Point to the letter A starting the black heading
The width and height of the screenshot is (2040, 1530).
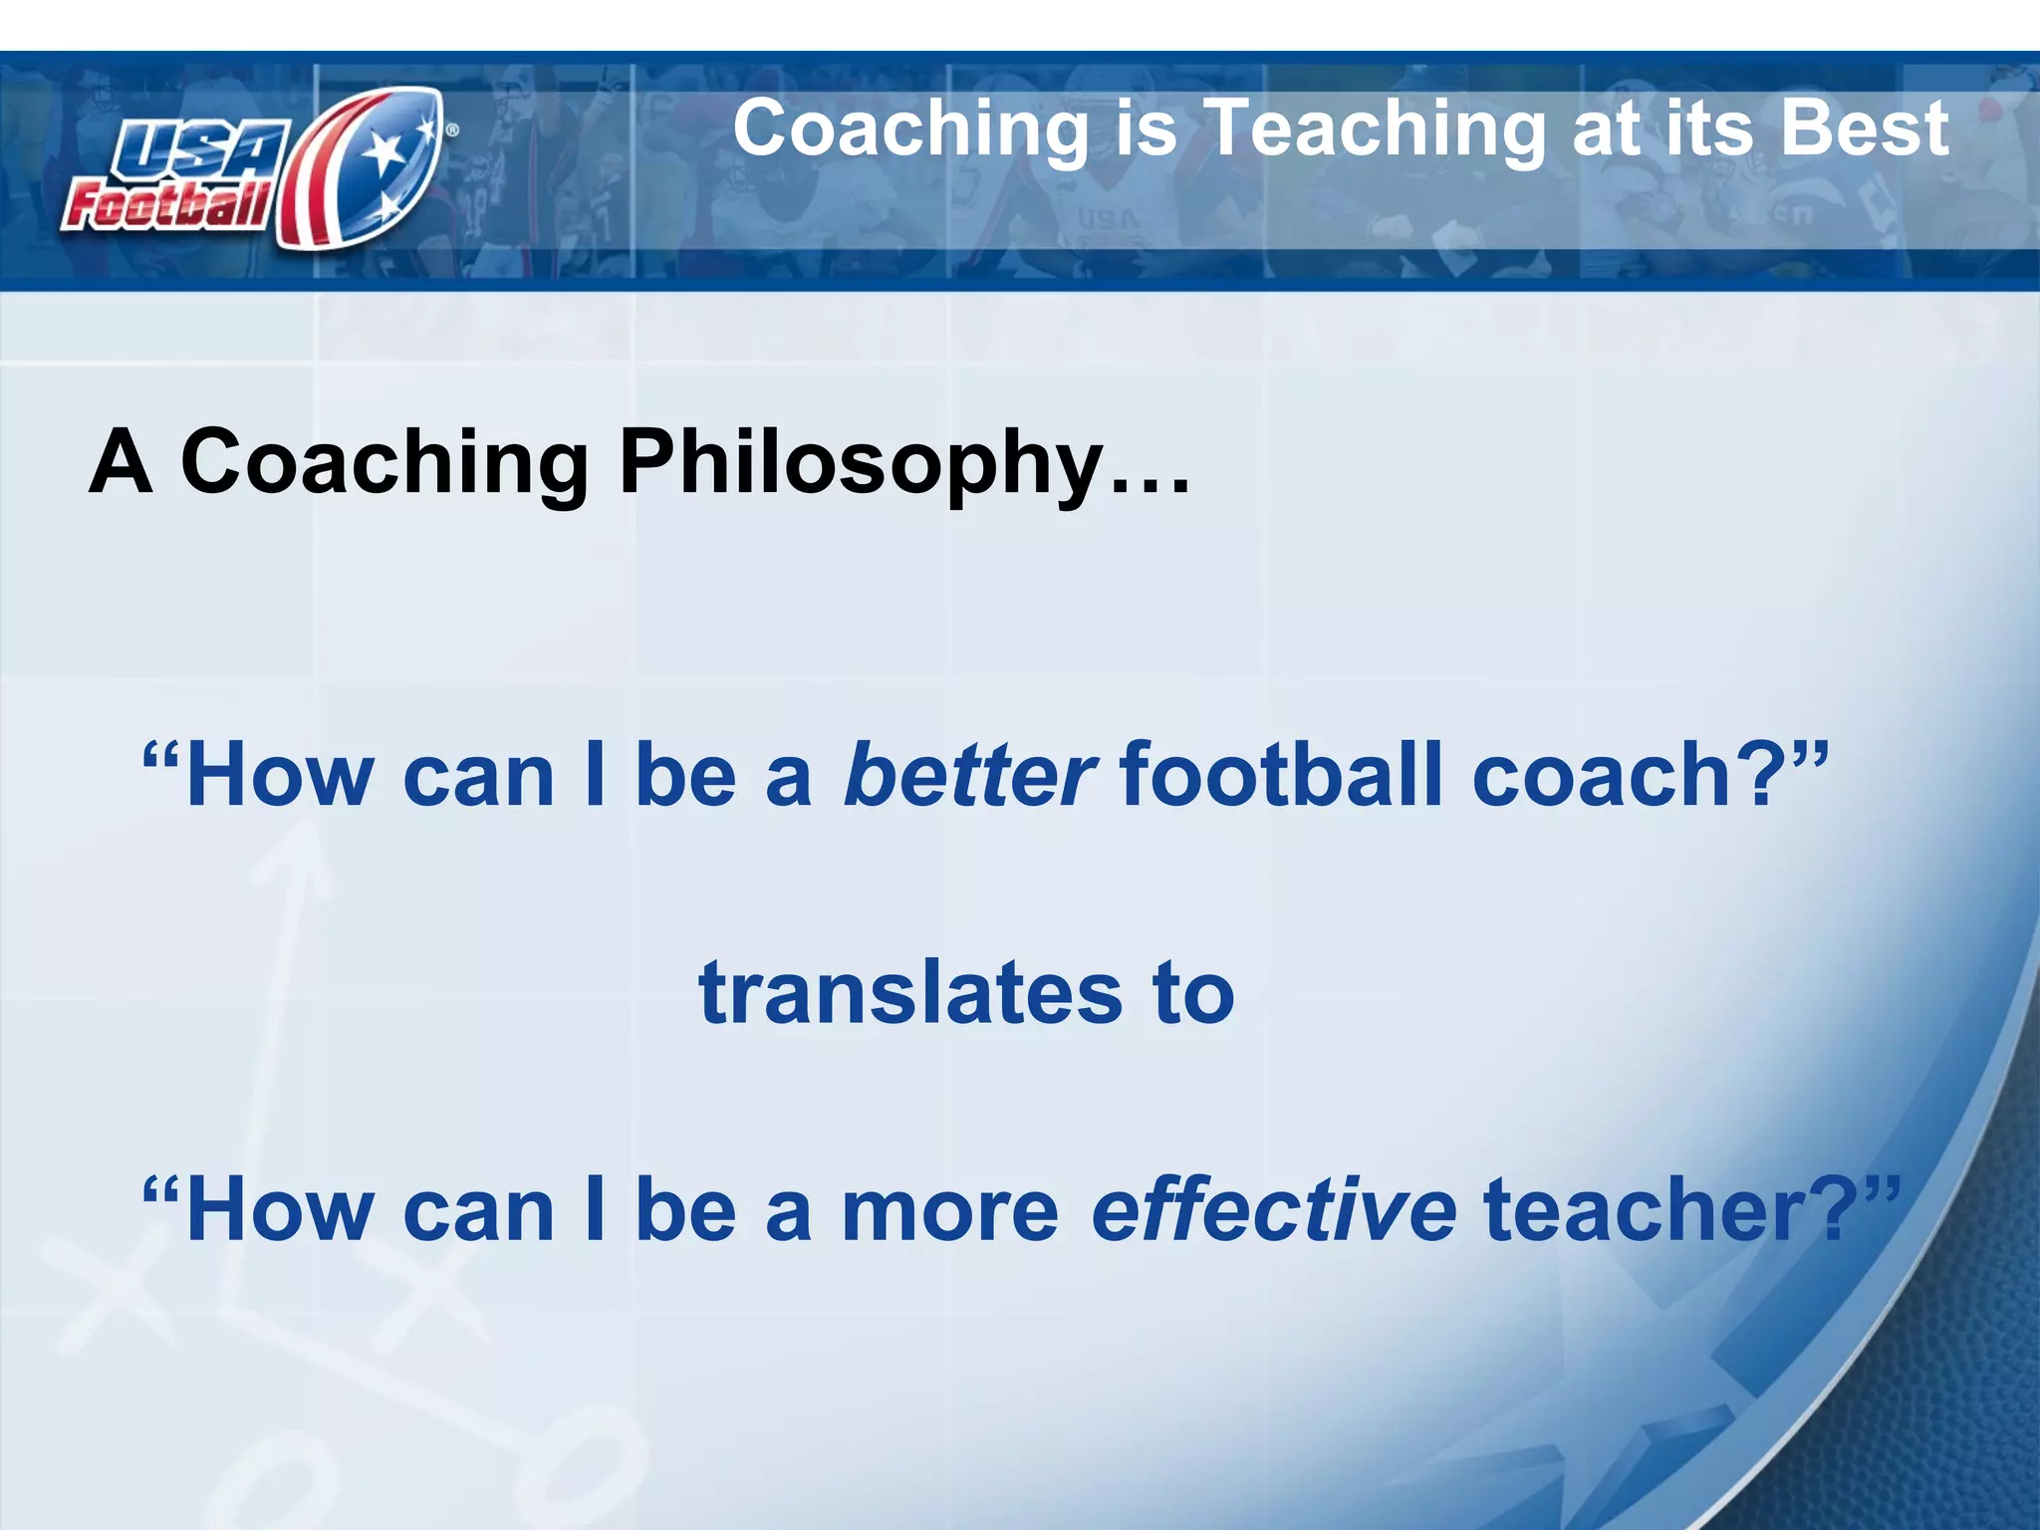pos(121,461)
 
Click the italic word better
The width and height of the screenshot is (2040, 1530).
pos(969,775)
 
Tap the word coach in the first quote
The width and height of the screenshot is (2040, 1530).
pos(1604,775)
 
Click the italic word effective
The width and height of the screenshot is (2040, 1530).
pos(1273,1209)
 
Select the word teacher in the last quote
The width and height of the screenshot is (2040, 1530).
pos(1644,1209)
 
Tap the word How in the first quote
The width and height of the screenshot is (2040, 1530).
pos(279,775)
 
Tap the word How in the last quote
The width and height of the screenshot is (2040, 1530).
pos(279,1209)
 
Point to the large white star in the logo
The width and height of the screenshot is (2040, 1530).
pos(384,154)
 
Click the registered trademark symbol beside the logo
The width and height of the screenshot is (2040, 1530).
pos(452,129)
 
